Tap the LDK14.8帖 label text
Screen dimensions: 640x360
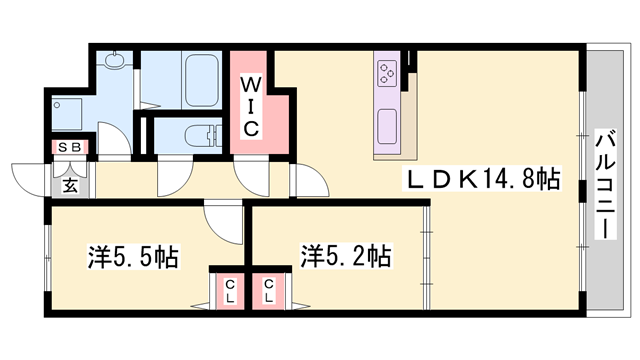[x=480, y=179]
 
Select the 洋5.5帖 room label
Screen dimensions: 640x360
[x=129, y=257]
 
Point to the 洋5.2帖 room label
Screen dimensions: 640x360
[x=345, y=257]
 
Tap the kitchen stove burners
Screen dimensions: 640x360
[x=387, y=73]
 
